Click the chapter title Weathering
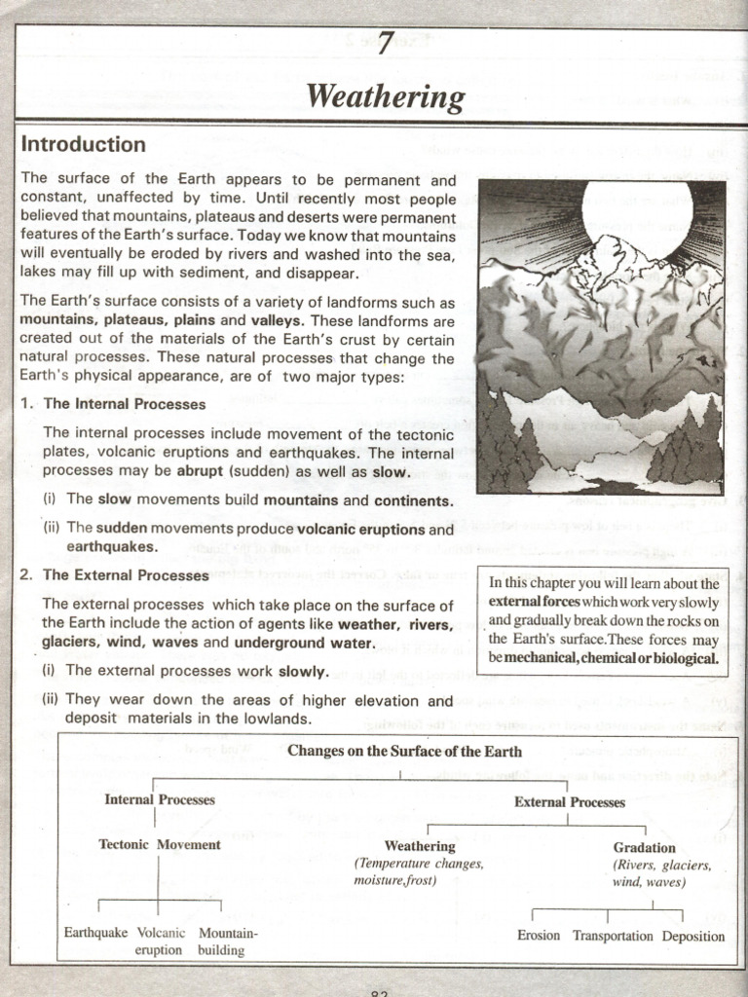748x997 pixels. [385, 96]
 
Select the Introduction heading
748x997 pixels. [84, 144]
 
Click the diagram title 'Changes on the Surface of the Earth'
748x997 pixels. [404, 751]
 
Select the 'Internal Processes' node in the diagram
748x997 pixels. [160, 799]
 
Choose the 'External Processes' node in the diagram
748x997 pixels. [570, 802]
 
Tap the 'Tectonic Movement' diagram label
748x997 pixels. [160, 844]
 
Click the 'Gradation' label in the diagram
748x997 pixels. [644, 847]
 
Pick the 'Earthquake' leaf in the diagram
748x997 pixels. [95, 932]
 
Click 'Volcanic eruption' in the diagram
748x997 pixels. [160, 941]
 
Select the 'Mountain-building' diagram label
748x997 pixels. [227, 941]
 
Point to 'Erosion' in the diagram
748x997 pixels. [539, 936]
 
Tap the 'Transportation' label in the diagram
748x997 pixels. [613, 936]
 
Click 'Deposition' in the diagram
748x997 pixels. [693, 936]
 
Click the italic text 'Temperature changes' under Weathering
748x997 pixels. [419, 864]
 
